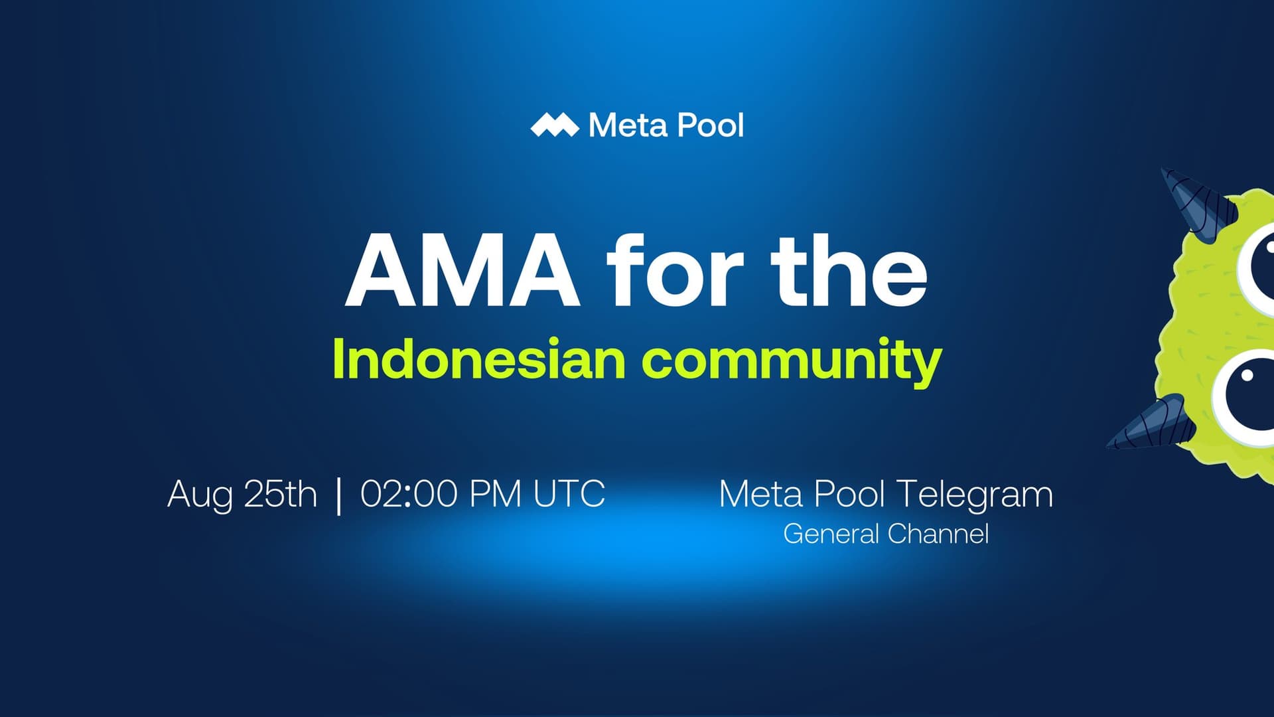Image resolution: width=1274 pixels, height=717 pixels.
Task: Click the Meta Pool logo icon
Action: [555, 125]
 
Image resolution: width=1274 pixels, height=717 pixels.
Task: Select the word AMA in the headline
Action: [462, 272]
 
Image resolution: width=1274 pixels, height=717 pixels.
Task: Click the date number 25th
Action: [280, 494]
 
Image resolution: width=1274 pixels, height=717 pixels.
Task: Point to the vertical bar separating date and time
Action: [339, 495]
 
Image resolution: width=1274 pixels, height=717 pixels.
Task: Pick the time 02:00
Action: [409, 494]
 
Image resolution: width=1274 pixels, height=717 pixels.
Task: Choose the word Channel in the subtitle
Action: [938, 534]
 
